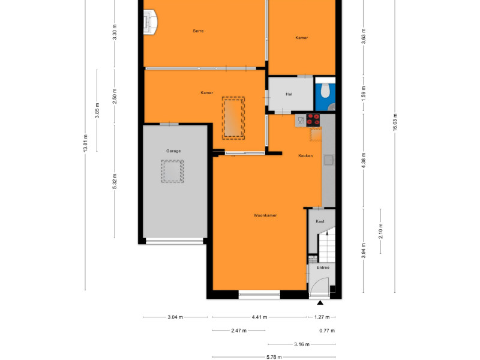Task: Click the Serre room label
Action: click(x=198, y=31)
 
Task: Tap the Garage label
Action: click(x=173, y=151)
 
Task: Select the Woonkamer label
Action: click(x=265, y=215)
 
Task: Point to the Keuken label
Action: click(x=305, y=156)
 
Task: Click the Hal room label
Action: click(x=289, y=94)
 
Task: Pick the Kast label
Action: click(x=320, y=221)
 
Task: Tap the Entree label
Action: click(x=323, y=268)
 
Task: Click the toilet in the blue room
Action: click(x=325, y=89)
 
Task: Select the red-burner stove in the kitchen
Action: click(x=313, y=120)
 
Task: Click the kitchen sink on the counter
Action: click(x=329, y=160)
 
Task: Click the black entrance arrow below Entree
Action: click(x=320, y=303)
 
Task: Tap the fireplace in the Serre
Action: click(x=151, y=22)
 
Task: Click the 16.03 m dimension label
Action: click(x=395, y=122)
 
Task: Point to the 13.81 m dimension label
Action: click(x=85, y=143)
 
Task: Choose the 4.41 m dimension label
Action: click(x=259, y=317)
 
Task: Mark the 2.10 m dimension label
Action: click(x=380, y=231)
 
